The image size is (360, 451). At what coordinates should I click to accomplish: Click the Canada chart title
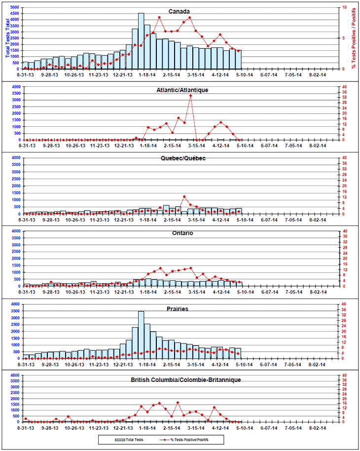[x=180, y=11]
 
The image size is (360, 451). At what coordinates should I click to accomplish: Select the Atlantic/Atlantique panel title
[x=182, y=90]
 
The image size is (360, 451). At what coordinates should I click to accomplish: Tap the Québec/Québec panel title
[x=182, y=158]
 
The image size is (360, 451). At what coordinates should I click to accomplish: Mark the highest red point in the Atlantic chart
[x=190, y=95]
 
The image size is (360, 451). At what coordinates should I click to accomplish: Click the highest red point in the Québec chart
[x=184, y=196]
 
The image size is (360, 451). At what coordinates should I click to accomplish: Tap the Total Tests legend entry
[x=129, y=439]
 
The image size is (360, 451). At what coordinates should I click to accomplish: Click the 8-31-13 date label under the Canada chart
[x=26, y=75]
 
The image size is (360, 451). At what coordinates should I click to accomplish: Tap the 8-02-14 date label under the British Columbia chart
[x=317, y=428]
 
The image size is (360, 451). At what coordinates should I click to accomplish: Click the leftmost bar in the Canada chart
[x=26, y=66]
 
